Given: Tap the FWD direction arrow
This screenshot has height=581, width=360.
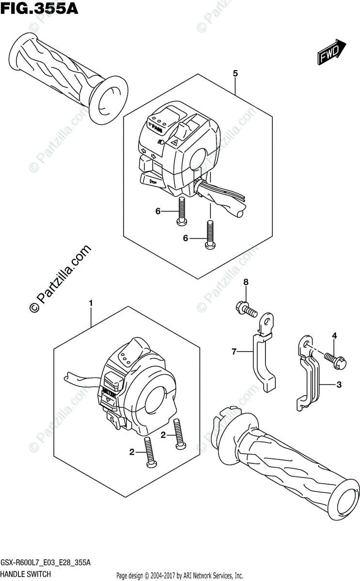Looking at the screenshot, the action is tap(332, 52).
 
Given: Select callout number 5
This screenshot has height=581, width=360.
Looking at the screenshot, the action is tap(235, 74).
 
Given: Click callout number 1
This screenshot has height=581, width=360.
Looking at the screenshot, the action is tap(91, 304).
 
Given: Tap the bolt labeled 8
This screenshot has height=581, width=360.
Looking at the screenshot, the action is tap(247, 308).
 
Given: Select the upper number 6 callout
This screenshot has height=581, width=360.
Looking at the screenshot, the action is tap(158, 211).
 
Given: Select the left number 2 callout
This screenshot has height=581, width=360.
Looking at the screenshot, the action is tap(132, 452).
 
